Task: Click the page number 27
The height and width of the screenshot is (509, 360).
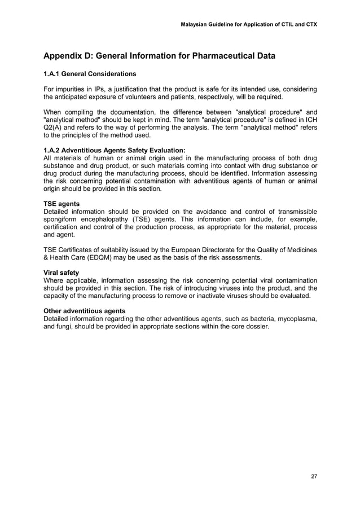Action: point(314,476)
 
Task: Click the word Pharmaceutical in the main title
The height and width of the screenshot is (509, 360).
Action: point(222,56)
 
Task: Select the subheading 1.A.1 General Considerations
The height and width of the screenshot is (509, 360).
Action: point(90,74)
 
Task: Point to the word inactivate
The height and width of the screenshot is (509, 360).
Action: point(232,296)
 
